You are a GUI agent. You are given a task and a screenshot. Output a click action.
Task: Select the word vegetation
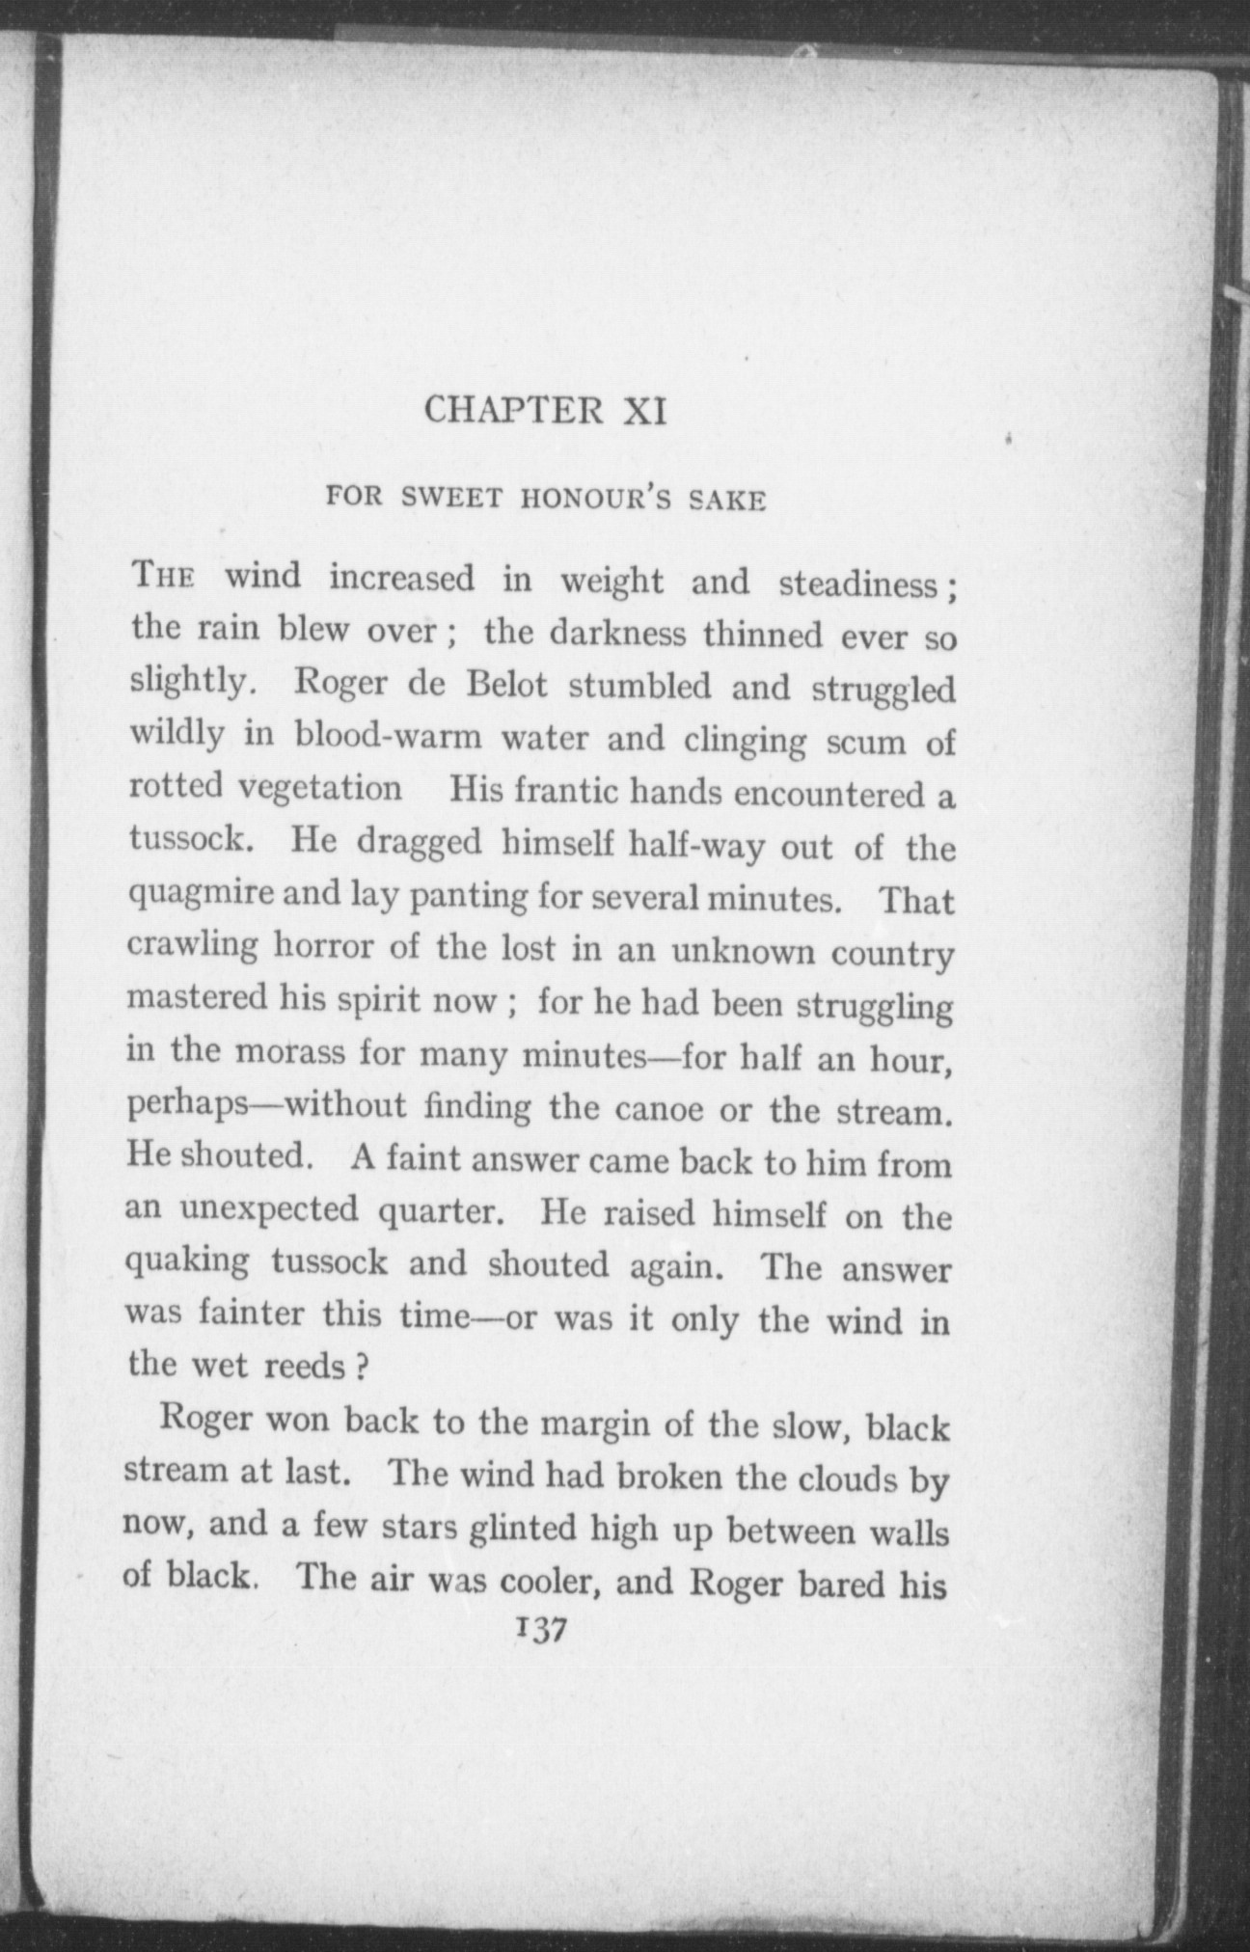pos(319,788)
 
